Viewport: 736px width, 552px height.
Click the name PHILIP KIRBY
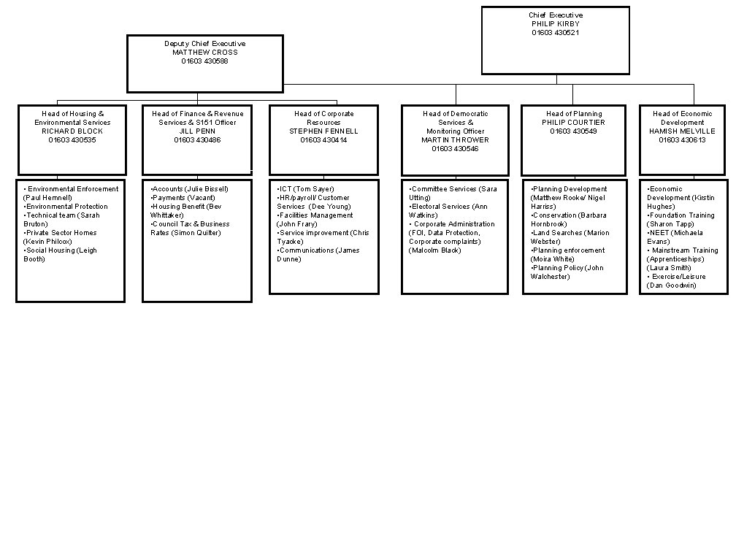coord(556,24)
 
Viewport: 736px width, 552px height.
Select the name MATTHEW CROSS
coord(205,53)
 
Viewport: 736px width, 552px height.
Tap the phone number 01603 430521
coord(556,33)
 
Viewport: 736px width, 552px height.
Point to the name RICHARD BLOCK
coord(72,131)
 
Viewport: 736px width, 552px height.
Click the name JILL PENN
coord(197,131)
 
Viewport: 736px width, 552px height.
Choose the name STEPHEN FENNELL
coord(323,131)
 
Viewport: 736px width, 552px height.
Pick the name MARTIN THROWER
coord(455,140)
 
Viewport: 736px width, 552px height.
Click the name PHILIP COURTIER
coord(574,123)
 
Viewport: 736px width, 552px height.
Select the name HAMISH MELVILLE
coord(682,131)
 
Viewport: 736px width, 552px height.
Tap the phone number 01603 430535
coord(72,140)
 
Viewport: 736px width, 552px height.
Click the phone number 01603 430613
coord(682,140)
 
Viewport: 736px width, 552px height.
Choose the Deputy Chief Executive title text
coord(205,44)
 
